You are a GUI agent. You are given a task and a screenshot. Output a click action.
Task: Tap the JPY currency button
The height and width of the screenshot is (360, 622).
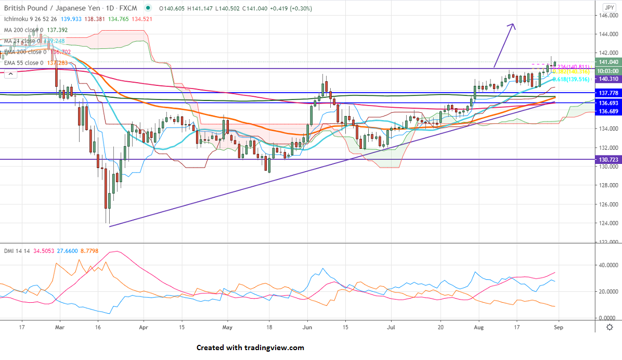click(x=609, y=7)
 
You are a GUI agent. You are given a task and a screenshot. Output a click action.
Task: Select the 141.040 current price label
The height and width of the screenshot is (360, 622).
click(x=607, y=62)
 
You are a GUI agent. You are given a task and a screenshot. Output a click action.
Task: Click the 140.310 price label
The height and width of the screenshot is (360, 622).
click(x=607, y=79)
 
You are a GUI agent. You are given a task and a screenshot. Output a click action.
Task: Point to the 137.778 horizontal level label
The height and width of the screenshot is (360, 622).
click(x=607, y=93)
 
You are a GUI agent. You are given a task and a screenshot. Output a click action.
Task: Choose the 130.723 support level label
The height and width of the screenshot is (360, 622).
click(x=607, y=159)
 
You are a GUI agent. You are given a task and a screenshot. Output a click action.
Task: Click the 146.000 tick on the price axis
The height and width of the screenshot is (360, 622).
click(x=607, y=16)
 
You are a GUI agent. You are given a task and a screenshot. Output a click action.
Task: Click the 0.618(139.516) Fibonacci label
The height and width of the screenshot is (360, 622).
click(x=571, y=79)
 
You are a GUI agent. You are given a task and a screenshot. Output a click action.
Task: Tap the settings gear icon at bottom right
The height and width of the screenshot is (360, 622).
click(x=609, y=327)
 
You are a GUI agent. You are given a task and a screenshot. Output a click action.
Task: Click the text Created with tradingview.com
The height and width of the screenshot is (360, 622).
click(x=250, y=348)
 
